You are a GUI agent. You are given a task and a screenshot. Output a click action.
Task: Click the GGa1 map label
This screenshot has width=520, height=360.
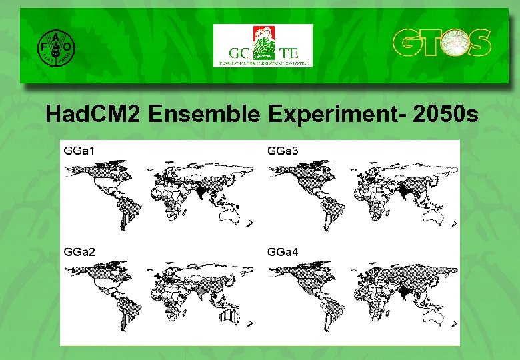pyautogui.click(x=79, y=151)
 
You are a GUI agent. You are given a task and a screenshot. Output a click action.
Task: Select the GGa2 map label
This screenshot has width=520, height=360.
pyautogui.click(x=79, y=252)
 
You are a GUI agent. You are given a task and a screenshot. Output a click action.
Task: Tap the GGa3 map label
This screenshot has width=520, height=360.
pyautogui.click(x=283, y=151)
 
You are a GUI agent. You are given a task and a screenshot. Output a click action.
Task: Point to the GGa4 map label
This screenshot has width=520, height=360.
pyautogui.click(x=283, y=252)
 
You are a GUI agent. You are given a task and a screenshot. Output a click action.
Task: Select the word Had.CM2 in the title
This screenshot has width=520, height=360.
pyautogui.click(x=93, y=115)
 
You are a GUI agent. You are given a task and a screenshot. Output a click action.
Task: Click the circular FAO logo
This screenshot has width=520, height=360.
pyautogui.click(x=55, y=48)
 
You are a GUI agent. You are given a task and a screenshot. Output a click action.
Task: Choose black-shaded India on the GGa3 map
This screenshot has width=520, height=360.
pyautogui.click(x=404, y=192)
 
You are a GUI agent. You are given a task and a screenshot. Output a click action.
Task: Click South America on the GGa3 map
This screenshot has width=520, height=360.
pyautogui.click(x=328, y=211)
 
